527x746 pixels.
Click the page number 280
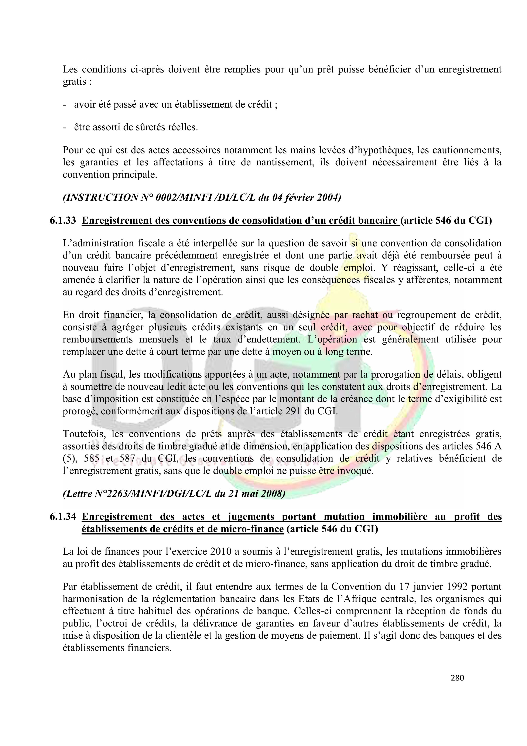(x=457, y=678)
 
